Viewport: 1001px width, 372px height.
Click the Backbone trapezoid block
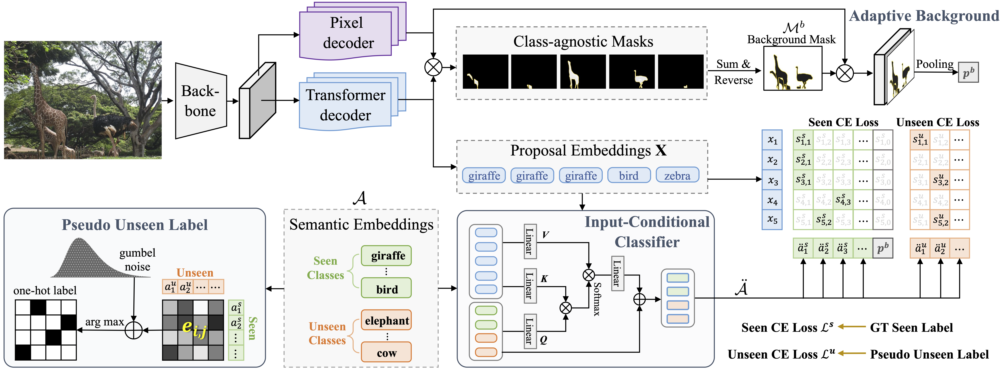tap(201, 101)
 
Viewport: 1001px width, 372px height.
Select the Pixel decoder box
tap(346, 34)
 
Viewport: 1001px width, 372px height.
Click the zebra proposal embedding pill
tap(677, 176)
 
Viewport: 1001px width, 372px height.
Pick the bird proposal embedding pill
tap(629, 176)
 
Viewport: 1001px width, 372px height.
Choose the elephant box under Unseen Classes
tap(386, 320)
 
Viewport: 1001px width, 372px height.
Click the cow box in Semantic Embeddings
tap(386, 353)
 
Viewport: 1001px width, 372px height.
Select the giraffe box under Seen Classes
tap(386, 256)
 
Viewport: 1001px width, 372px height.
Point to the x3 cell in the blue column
tap(772, 181)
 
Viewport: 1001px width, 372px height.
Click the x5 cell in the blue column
tap(772, 220)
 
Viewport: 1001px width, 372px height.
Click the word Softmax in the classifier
tap(597, 299)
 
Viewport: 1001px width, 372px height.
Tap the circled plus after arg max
tap(134, 330)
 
